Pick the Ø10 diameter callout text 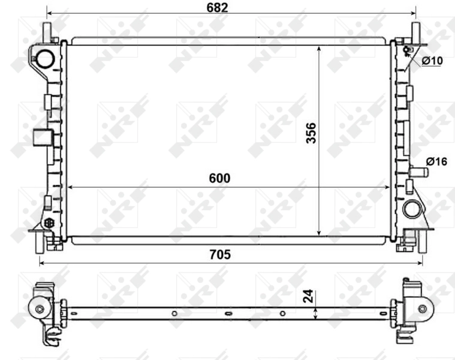(x=432, y=61)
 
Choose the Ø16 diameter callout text (x=436, y=161)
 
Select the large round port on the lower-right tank (x=412, y=209)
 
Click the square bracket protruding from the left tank (x=41, y=138)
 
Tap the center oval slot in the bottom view (x=227, y=313)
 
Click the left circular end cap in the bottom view (x=40, y=309)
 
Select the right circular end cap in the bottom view (x=422, y=308)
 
